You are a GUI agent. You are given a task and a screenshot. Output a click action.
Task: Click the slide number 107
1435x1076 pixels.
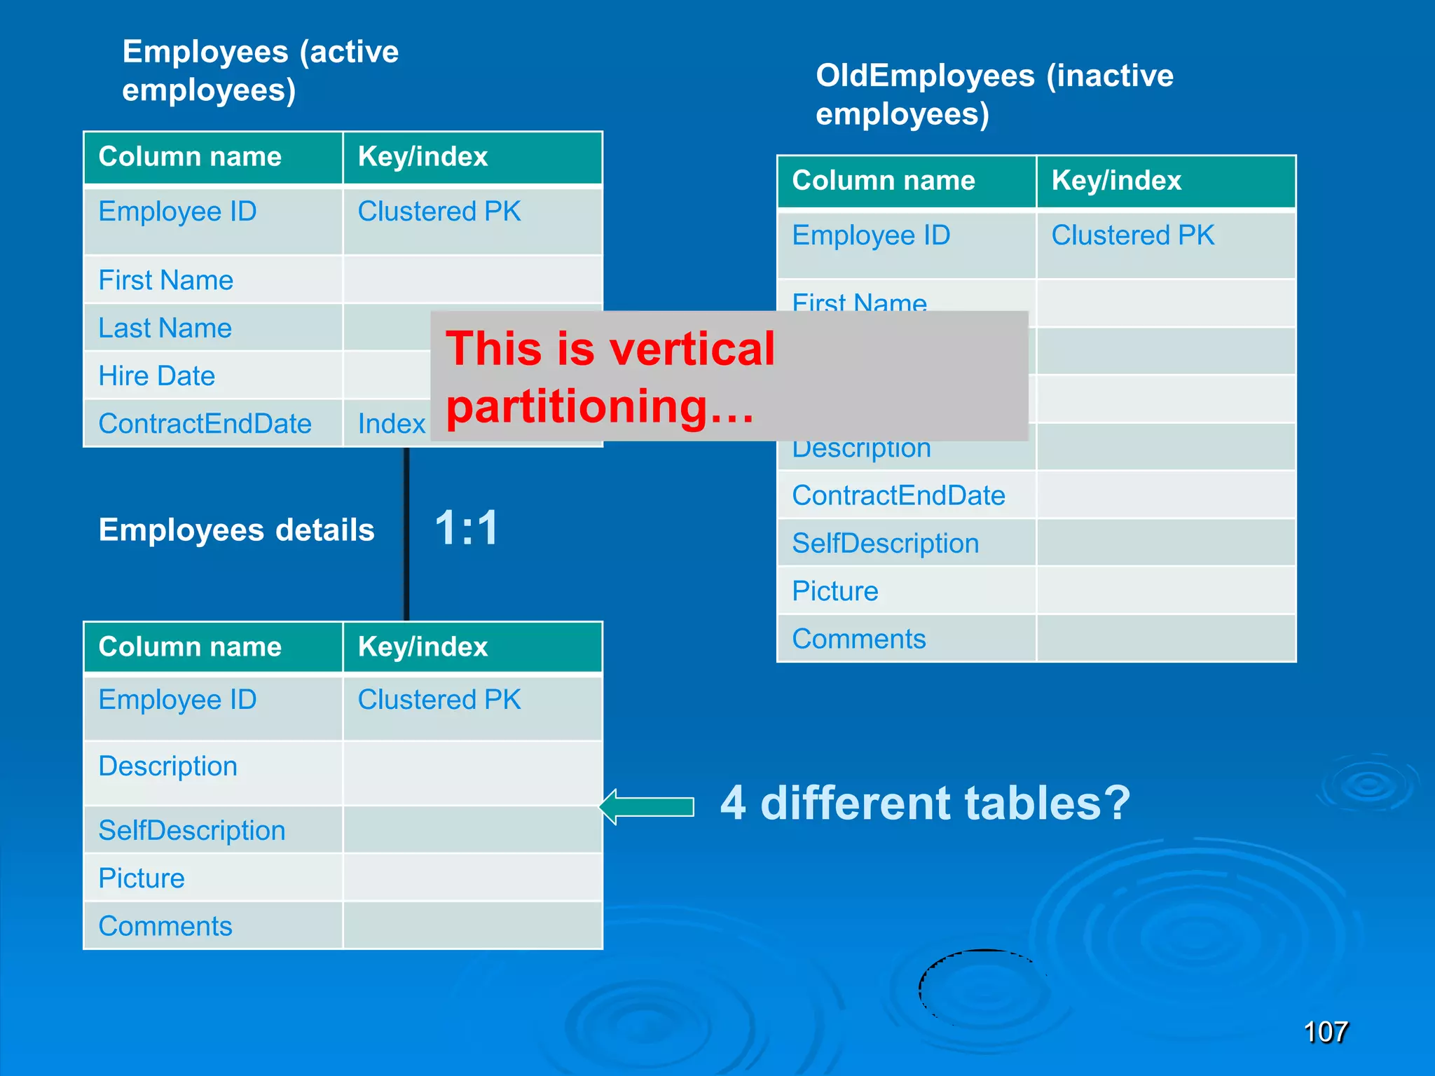[x=1326, y=1032]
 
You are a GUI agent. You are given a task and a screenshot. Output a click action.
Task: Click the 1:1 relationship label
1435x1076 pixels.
[x=467, y=527]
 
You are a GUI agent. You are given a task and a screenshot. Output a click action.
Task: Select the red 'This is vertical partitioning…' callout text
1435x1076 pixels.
[x=610, y=377]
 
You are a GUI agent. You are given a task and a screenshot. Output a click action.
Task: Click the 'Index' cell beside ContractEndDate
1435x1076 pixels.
[x=391, y=424]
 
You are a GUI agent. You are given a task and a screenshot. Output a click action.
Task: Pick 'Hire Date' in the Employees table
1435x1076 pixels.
[x=157, y=376]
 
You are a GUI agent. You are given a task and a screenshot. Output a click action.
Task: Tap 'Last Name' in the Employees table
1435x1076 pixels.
[x=165, y=328]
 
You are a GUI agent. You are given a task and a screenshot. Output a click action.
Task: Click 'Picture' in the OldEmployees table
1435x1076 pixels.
[x=835, y=591]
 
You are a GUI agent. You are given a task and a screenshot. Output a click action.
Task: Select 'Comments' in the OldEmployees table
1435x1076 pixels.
[x=859, y=639]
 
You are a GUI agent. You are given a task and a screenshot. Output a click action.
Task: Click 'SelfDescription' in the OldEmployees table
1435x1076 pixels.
[x=886, y=544]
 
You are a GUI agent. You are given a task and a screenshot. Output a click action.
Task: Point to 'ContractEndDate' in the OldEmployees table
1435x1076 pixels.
[x=899, y=496]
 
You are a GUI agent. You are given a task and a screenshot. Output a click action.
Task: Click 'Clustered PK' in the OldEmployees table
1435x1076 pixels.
[x=1133, y=235]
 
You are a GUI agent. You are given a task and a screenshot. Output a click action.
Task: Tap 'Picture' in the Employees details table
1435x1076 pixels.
[x=142, y=878]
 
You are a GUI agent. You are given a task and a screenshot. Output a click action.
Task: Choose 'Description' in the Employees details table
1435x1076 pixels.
[x=168, y=766]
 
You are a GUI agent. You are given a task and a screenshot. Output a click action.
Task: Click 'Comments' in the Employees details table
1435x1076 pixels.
[x=165, y=926]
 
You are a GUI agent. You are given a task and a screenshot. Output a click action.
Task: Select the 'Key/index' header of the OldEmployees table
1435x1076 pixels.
[x=1116, y=181]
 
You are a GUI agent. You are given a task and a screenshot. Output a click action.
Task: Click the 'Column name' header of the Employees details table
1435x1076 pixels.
[x=190, y=647]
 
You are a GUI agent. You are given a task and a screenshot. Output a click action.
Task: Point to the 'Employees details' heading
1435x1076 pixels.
[x=237, y=530]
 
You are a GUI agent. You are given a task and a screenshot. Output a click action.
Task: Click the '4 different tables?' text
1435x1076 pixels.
[x=925, y=803]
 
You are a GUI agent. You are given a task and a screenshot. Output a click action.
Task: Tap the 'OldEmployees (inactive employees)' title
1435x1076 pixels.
[x=994, y=95]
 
